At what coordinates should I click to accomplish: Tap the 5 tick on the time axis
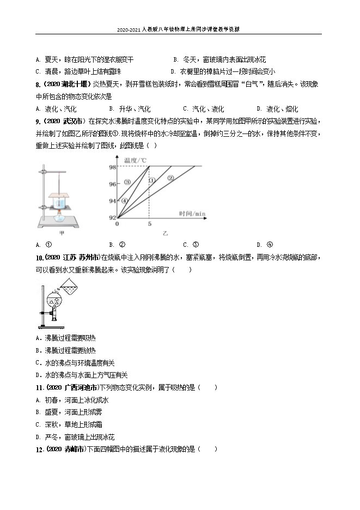coord(149,223)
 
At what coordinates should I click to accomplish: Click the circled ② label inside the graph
coord(170,178)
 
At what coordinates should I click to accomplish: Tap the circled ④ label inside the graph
coord(124,200)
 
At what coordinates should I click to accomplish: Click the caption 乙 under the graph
coord(164,233)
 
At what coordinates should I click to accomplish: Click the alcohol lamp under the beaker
coord(58,214)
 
